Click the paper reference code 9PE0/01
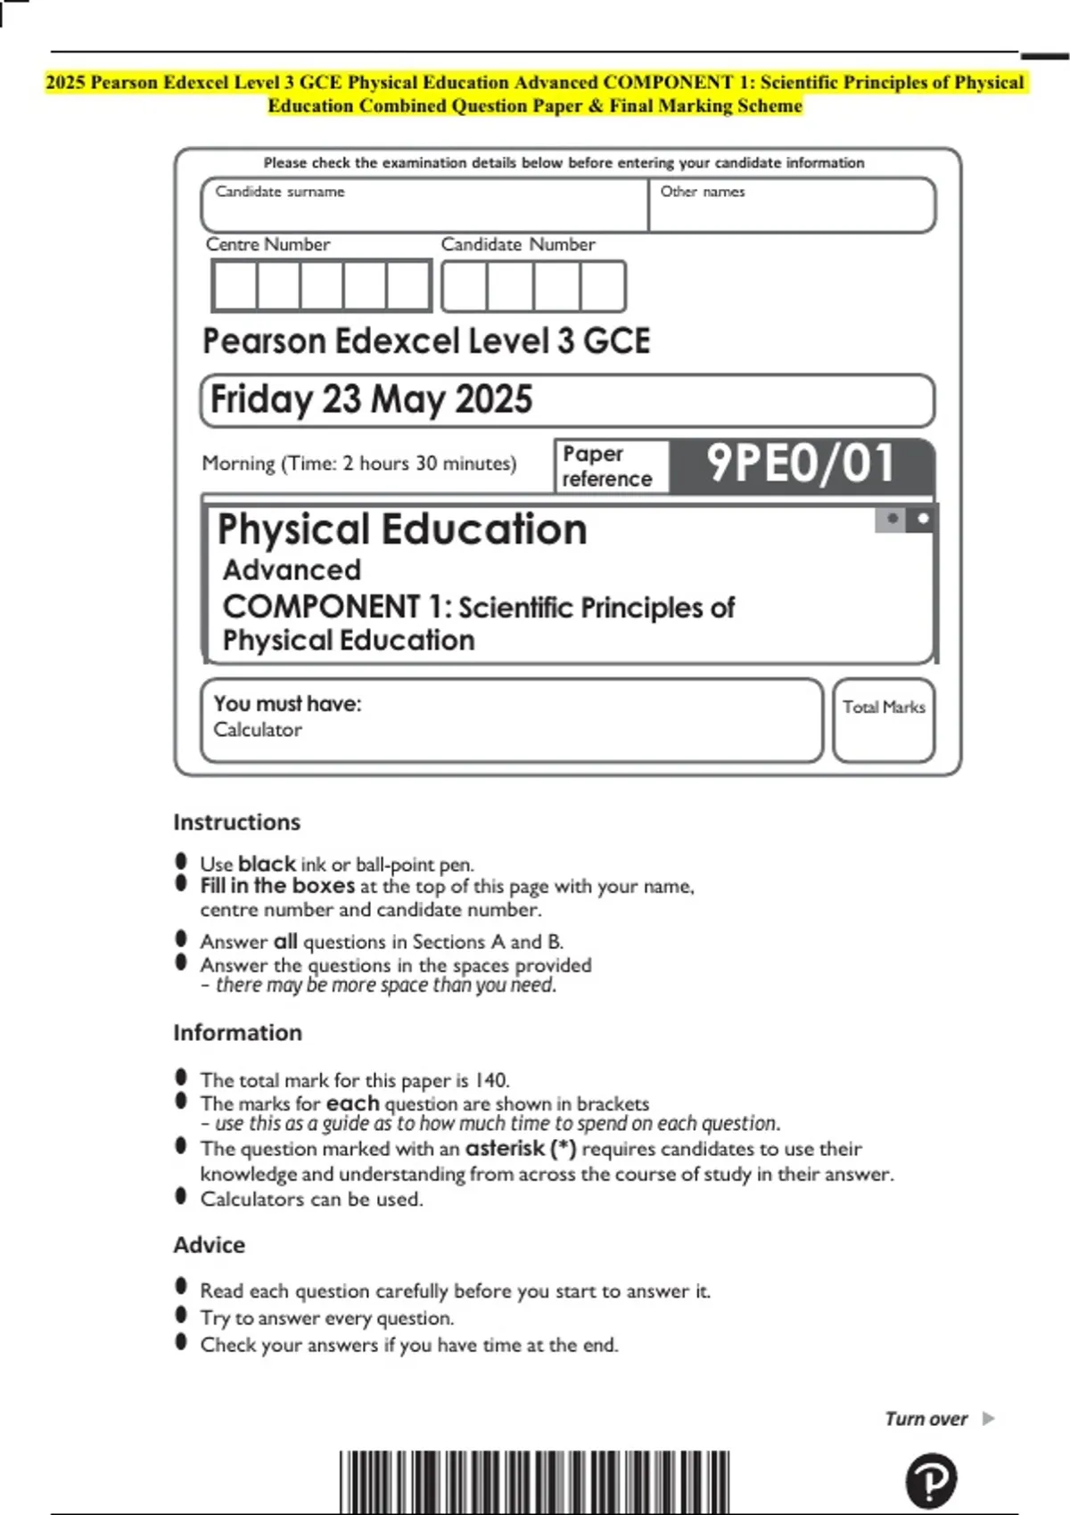(x=800, y=463)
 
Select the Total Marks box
(x=884, y=721)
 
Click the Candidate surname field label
(x=279, y=192)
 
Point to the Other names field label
(x=702, y=192)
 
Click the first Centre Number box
(x=235, y=286)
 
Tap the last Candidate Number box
(x=603, y=286)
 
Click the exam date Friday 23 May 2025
(x=371, y=400)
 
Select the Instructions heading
(x=236, y=822)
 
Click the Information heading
(x=237, y=1032)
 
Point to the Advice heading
(x=209, y=1244)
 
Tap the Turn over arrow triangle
(x=988, y=1418)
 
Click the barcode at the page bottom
(x=534, y=1481)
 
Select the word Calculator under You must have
(x=257, y=729)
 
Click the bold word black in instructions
(x=267, y=864)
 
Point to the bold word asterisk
(x=505, y=1148)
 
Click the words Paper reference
(x=606, y=466)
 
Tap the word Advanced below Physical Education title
(x=292, y=569)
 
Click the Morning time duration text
(x=358, y=463)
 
